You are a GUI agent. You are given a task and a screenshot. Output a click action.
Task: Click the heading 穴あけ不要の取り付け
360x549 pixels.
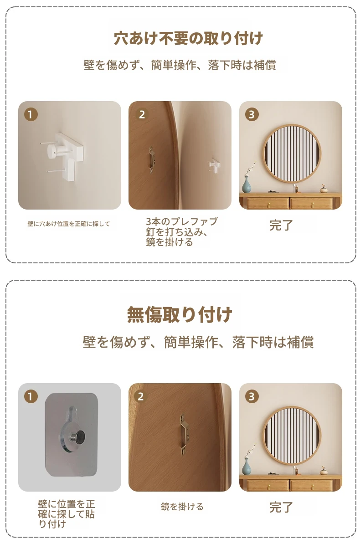[x=188, y=38]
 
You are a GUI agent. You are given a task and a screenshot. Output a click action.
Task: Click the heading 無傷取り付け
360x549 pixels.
[x=180, y=315]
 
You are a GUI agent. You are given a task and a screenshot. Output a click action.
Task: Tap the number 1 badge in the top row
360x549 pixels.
[x=31, y=114]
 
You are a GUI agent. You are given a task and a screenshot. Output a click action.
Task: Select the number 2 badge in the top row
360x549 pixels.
[x=142, y=114]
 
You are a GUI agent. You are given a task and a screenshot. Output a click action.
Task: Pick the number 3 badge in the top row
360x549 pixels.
[x=252, y=114]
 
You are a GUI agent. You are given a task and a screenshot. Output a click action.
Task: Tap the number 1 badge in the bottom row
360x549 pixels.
[x=31, y=396]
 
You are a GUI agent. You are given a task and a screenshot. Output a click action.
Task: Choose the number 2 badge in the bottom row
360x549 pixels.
[x=141, y=396]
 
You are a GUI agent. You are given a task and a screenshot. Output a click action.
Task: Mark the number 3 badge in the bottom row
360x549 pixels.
[x=252, y=396]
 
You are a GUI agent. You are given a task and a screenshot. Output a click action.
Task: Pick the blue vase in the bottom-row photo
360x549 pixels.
[x=247, y=467]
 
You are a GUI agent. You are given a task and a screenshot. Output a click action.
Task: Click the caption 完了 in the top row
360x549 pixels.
[x=281, y=226]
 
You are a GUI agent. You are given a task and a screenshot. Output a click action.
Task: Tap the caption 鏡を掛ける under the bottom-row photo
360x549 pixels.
[x=182, y=506]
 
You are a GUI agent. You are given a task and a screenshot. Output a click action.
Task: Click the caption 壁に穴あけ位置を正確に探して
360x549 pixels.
[x=68, y=224]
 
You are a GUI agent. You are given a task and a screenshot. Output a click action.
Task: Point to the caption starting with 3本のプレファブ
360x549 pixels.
[x=181, y=231]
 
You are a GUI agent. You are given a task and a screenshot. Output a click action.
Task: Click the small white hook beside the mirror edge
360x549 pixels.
[x=214, y=164]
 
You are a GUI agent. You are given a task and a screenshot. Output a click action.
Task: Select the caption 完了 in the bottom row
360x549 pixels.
[x=281, y=507]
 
